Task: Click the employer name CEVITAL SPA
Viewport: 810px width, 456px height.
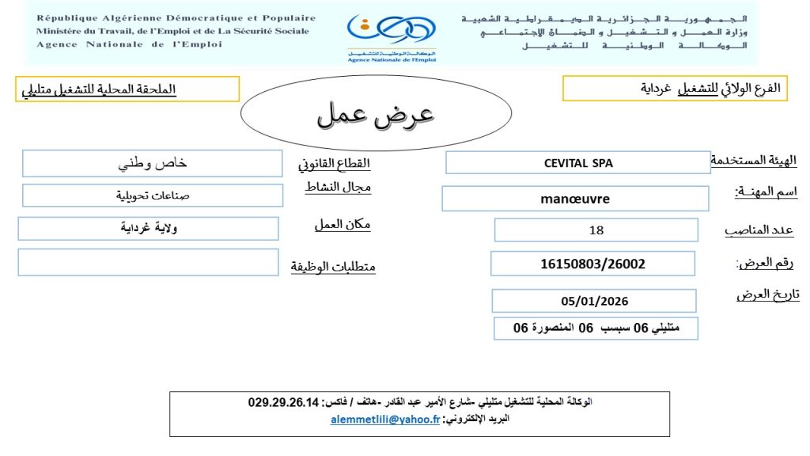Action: click(x=578, y=163)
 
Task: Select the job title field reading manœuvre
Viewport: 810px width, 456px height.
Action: click(x=575, y=199)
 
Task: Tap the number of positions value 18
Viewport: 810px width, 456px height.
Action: click(x=596, y=230)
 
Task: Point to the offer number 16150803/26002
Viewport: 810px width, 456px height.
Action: click(x=592, y=264)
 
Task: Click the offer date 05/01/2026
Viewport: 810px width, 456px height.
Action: click(x=594, y=301)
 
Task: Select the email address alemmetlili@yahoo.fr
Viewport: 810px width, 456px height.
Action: click(x=384, y=420)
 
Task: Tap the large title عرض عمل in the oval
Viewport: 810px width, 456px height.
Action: click(x=376, y=115)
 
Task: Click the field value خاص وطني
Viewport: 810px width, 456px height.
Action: click(x=153, y=164)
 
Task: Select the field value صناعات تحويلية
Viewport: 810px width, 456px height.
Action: click(x=153, y=195)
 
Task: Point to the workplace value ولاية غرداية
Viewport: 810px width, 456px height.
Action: click(x=149, y=228)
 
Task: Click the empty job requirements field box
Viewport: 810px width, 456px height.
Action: click(x=148, y=262)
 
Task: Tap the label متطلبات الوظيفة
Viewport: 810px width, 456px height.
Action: click(x=333, y=267)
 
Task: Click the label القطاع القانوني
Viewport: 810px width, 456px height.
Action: click(x=334, y=165)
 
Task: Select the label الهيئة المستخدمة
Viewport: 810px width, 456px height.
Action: click(x=754, y=161)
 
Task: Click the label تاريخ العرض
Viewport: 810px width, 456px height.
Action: click(x=767, y=294)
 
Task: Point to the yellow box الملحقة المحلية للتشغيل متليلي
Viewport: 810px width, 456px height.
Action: click(x=129, y=89)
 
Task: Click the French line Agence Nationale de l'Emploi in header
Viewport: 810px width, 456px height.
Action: click(x=129, y=44)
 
